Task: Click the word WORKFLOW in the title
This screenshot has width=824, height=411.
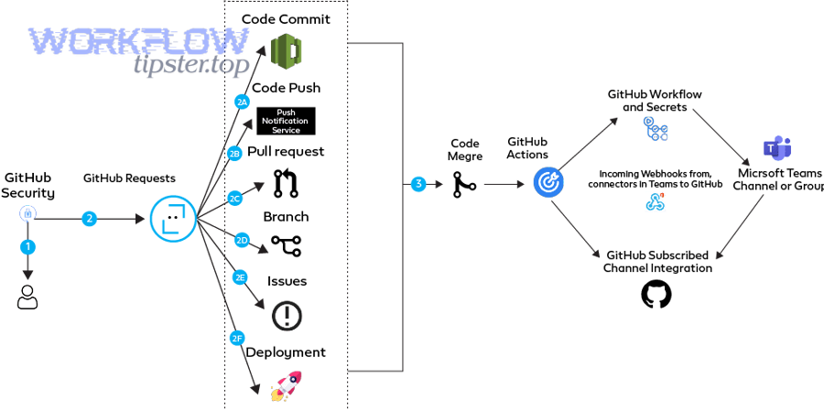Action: click(139, 42)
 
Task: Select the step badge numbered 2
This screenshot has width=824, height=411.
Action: click(89, 219)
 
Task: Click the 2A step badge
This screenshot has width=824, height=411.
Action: click(243, 103)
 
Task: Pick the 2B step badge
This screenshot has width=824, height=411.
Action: click(236, 154)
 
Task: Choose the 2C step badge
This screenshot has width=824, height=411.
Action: click(236, 198)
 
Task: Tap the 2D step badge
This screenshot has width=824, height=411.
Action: click(243, 241)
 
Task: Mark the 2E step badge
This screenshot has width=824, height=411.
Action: click(240, 277)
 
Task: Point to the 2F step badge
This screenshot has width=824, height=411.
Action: click(236, 339)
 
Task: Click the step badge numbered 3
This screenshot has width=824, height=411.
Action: click(419, 185)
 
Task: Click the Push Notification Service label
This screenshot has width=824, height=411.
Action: click(286, 122)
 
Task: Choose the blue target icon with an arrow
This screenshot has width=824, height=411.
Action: click(548, 183)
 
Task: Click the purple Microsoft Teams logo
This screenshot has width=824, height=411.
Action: click(776, 147)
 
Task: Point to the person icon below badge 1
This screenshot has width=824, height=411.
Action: click(27, 296)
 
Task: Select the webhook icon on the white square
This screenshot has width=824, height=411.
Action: click(655, 201)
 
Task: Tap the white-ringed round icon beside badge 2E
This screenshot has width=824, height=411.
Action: click(287, 317)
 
